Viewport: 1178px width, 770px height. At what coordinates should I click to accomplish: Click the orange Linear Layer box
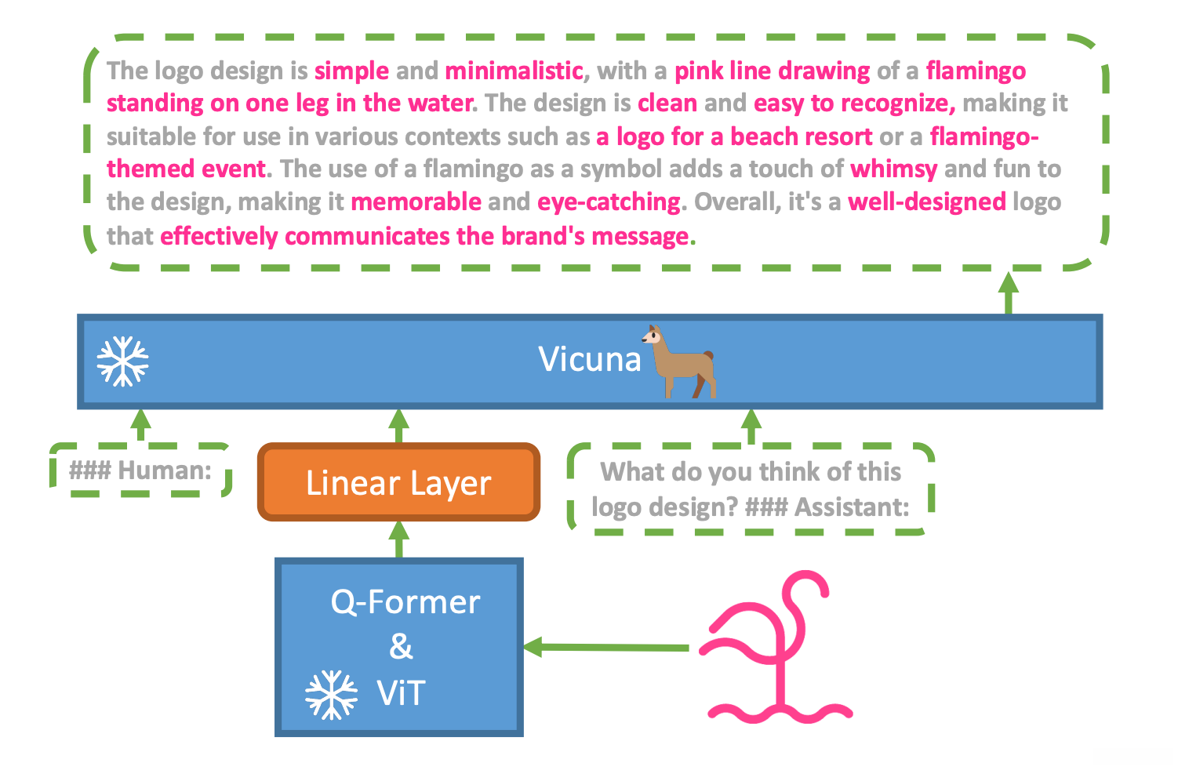398,482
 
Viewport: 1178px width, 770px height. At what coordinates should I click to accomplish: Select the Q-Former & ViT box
399,647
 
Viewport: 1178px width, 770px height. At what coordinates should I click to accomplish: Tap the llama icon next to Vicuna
680,361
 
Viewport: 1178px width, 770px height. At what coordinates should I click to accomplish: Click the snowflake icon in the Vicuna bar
122,361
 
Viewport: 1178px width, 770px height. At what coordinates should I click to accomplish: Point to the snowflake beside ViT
331,695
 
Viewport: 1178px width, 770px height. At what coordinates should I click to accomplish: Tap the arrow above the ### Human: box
140,424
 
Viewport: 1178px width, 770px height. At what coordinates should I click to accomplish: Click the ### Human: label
140,470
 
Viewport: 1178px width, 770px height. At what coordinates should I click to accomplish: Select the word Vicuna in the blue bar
589,360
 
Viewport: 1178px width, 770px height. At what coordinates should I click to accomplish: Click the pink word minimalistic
514,71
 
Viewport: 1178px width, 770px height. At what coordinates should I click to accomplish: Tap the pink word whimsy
893,169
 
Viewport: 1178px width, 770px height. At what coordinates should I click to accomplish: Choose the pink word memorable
416,202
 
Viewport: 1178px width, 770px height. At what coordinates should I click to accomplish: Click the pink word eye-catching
609,202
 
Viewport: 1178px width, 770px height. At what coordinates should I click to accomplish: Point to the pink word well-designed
927,202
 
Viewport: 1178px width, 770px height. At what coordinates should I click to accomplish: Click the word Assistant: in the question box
852,507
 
